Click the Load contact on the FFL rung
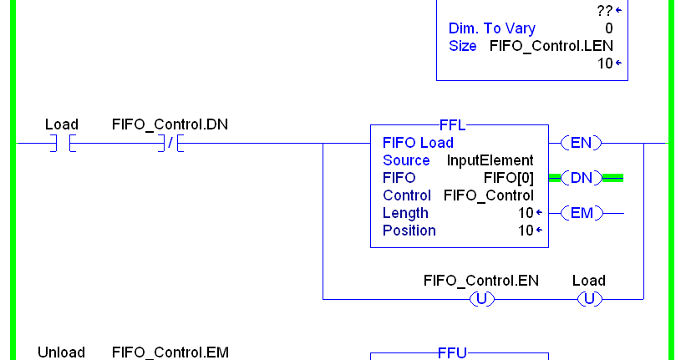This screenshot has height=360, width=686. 62,143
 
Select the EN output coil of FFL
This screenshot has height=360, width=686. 581,143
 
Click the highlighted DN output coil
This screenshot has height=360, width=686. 581,177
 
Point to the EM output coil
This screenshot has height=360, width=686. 581,213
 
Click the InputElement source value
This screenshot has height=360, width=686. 490,160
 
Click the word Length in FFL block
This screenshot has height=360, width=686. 405,213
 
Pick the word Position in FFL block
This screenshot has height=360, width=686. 409,231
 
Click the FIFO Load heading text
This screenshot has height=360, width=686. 418,143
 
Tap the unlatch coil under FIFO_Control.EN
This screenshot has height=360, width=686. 481,298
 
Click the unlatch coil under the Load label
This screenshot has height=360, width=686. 589,298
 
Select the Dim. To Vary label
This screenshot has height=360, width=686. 492,28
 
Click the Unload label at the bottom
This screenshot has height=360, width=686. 61,352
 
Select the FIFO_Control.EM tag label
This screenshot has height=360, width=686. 170,352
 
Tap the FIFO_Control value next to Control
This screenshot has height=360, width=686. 488,195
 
